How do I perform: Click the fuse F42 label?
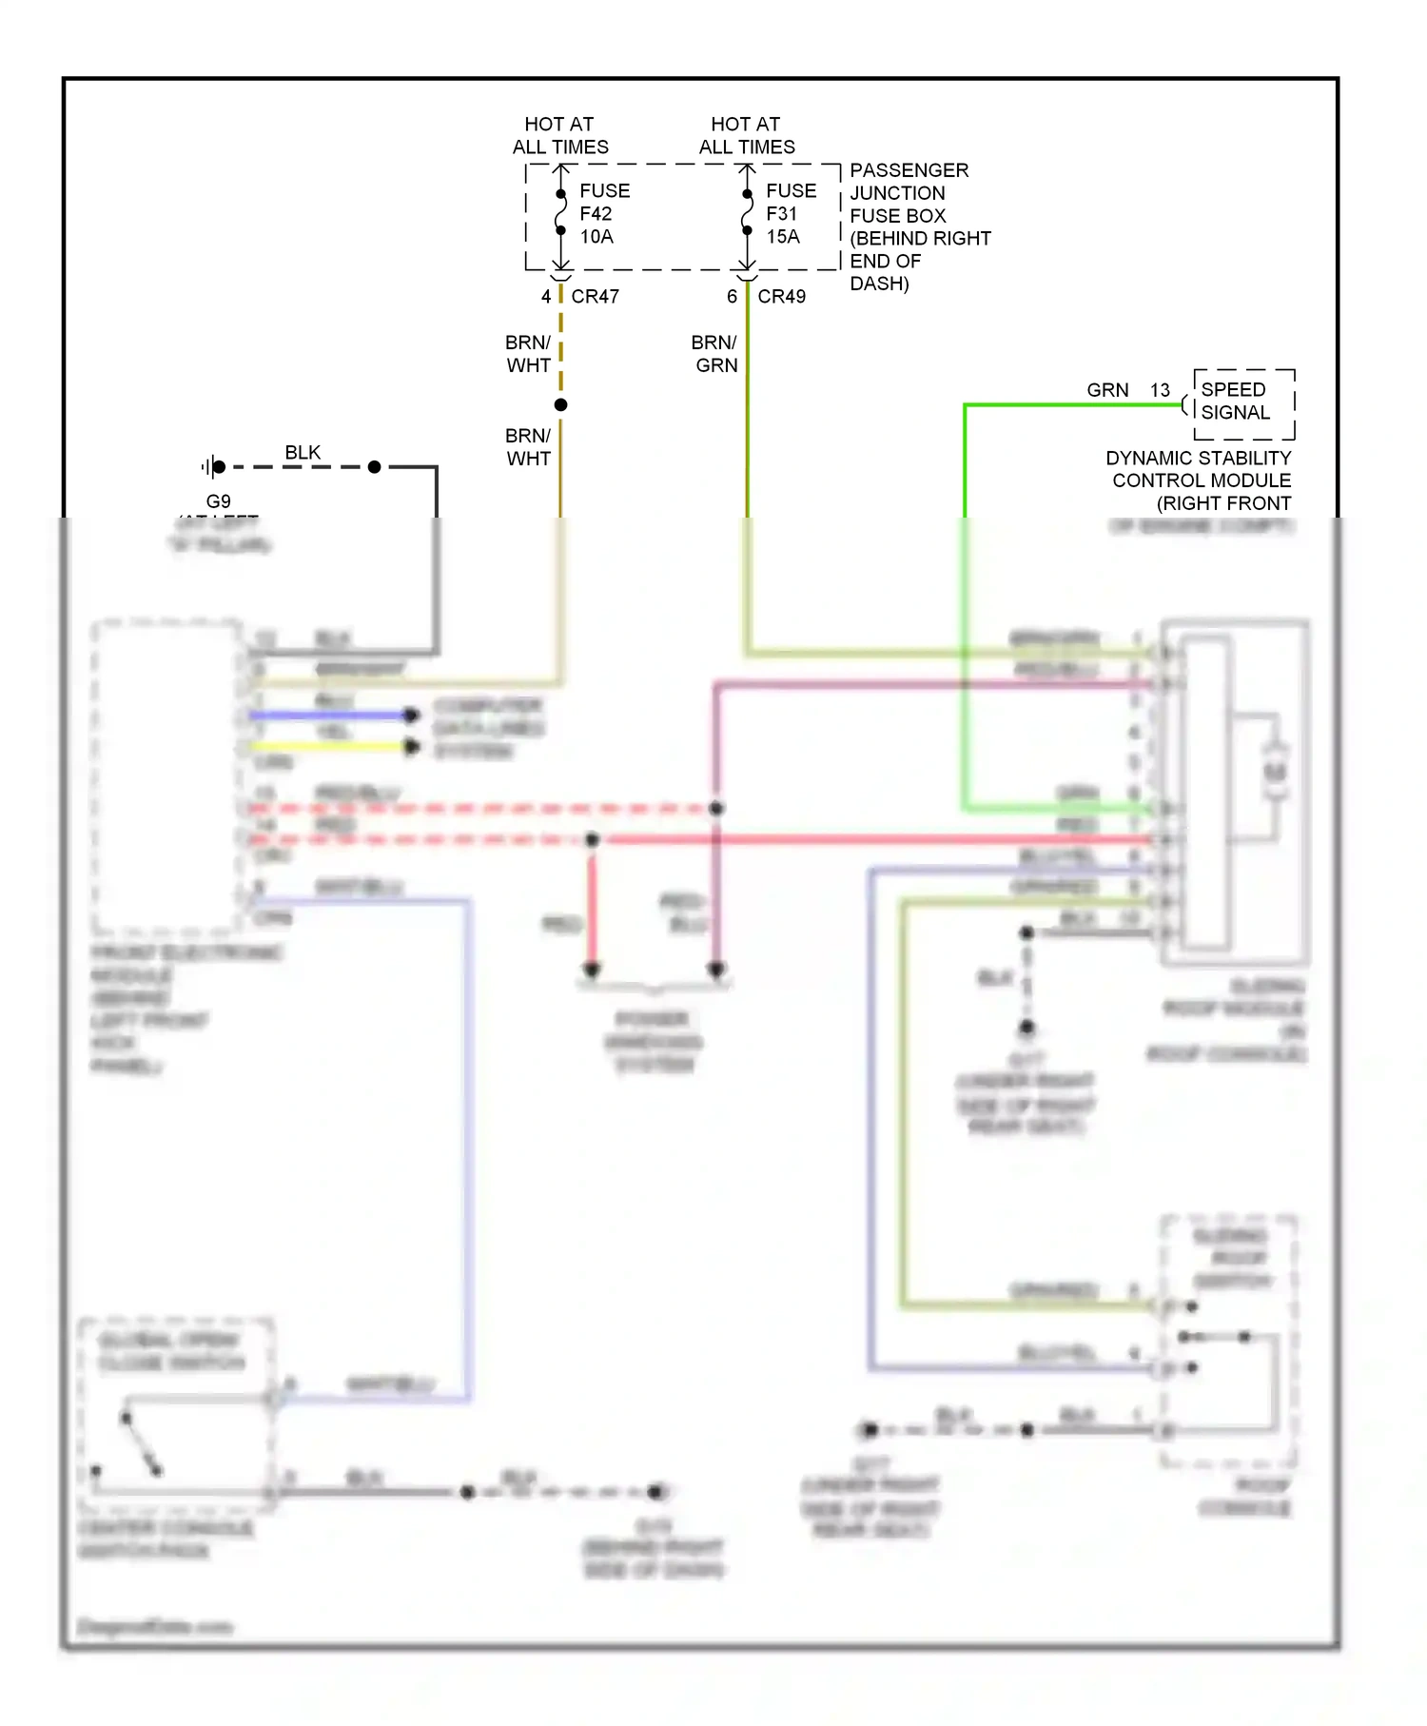coord(596,214)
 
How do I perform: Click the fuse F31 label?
coord(781,214)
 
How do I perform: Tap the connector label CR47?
coord(595,297)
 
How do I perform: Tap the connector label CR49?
coord(781,297)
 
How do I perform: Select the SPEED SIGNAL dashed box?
coord(1243,402)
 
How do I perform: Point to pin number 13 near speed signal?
coord(1160,390)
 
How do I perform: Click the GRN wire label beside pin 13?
coord(1107,390)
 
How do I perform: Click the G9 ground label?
coord(218,501)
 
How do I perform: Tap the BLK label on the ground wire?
coord(303,453)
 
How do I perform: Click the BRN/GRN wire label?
coord(714,354)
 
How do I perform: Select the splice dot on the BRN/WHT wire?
coord(561,405)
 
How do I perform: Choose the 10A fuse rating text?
coord(596,237)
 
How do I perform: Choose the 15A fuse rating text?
coord(783,237)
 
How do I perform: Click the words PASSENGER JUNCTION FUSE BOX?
coord(908,193)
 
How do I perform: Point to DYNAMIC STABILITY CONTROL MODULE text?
coord(1200,470)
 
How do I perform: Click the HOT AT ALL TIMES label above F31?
coord(747,136)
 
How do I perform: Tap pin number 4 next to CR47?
coord(546,297)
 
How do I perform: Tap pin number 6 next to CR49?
coord(732,297)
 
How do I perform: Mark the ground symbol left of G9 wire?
coord(210,467)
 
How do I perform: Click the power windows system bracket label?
coord(654,1042)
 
